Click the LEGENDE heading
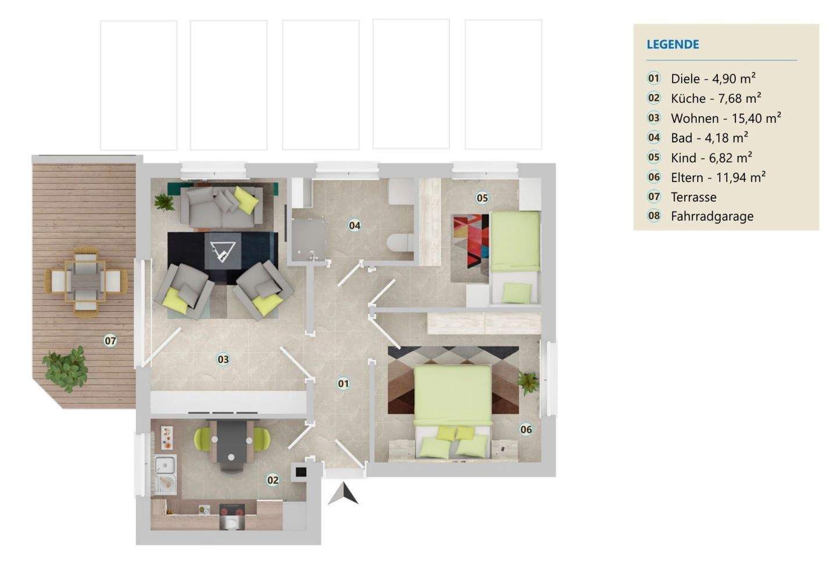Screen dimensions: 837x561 point(673,45)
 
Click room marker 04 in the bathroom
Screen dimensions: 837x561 point(354,226)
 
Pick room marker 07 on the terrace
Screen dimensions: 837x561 point(110,341)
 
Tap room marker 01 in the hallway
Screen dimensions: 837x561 point(343,384)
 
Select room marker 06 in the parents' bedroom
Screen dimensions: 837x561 point(525,430)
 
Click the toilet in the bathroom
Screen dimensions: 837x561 point(400,242)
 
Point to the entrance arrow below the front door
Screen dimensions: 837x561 point(344,494)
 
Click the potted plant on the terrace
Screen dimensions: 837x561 point(66,369)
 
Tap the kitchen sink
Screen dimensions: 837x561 point(165,474)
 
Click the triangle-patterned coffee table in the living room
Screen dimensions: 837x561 point(223,251)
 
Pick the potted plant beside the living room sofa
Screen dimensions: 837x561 point(164,202)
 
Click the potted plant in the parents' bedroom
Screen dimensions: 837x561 point(528,383)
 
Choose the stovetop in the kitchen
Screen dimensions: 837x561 point(232,509)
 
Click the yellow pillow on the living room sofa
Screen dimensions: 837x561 point(246,200)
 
